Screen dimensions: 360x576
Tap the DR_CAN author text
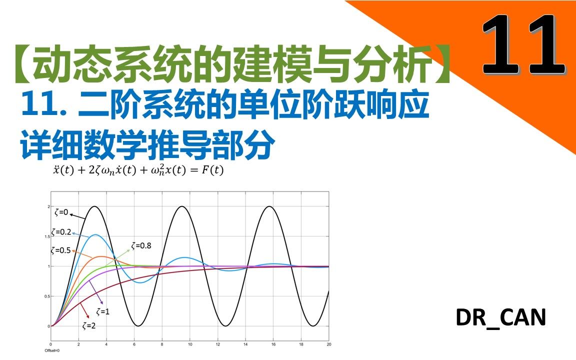500,318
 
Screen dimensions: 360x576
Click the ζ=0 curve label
61,212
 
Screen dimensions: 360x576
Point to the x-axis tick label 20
328,344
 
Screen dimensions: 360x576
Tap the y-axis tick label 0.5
47,296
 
